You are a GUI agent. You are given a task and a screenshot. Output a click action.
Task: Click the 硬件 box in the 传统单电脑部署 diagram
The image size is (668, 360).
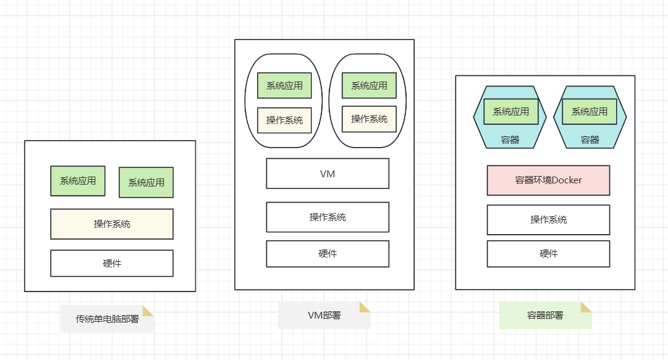tap(112, 264)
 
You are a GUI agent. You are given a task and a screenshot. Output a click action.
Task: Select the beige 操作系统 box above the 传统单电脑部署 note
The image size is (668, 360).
tap(112, 224)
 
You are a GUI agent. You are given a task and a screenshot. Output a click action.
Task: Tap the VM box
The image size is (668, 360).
tap(328, 174)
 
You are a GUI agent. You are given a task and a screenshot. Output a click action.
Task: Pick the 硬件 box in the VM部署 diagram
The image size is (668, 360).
tap(328, 254)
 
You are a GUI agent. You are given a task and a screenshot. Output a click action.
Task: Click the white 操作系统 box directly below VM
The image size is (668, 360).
tap(328, 217)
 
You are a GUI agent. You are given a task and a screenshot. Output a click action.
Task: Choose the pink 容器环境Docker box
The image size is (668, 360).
tap(548, 180)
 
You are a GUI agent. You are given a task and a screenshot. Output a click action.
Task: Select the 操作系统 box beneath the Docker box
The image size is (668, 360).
tap(548, 220)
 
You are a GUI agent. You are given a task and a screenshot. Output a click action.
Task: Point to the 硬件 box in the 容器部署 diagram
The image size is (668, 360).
tap(548, 254)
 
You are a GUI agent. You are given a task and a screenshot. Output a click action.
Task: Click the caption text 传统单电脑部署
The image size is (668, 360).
tap(108, 319)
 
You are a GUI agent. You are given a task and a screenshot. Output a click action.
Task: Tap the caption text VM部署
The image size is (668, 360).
tap(324, 316)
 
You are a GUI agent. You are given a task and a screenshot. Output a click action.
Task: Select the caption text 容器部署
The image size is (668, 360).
tap(545, 316)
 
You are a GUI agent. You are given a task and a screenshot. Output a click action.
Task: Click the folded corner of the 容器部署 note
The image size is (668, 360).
tap(585, 308)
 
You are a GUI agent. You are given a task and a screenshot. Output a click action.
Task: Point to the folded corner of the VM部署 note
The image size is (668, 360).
tap(364, 308)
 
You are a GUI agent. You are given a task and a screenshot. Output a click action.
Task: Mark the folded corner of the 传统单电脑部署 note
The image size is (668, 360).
tap(148, 311)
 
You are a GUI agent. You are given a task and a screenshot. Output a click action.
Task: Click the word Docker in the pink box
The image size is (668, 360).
tap(567, 180)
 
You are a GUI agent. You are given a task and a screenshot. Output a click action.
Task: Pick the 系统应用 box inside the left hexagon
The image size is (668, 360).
tap(511, 112)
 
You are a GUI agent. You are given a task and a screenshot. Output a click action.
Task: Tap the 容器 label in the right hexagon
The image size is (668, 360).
tap(590, 140)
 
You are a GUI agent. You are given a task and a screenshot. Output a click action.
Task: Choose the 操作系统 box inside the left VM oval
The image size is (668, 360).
tap(284, 120)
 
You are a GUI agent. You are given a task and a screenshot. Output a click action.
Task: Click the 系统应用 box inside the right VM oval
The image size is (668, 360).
tap(370, 86)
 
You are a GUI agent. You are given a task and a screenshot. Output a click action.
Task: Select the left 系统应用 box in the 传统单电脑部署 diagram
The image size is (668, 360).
tap(78, 181)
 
